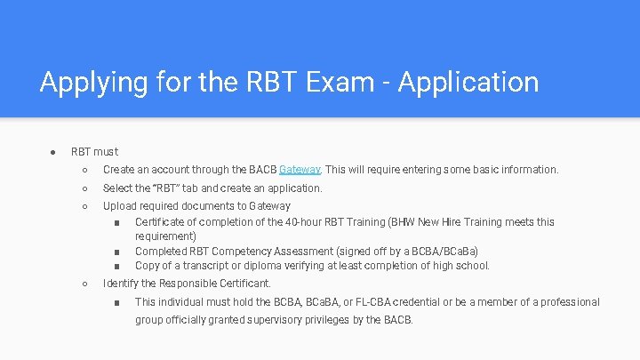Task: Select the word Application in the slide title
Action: [468, 83]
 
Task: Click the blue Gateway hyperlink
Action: [300, 169]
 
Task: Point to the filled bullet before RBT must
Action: [53, 152]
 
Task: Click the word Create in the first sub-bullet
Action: [118, 169]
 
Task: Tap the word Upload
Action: [120, 206]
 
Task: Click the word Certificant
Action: [243, 284]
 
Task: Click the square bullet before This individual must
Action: [117, 302]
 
